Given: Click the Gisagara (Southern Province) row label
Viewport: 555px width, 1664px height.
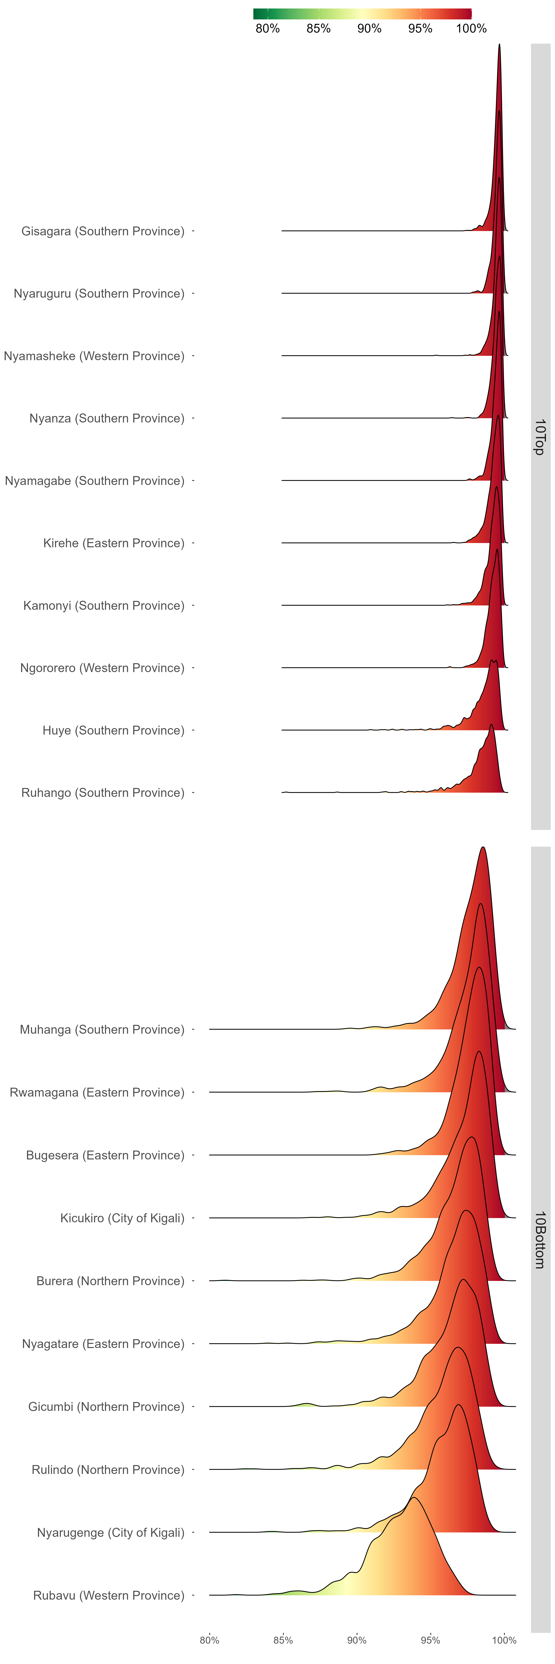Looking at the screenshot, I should (103, 231).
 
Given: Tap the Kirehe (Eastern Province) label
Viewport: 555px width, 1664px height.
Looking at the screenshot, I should (114, 543).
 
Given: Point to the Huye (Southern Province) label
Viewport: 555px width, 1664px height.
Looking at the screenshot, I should (114, 730).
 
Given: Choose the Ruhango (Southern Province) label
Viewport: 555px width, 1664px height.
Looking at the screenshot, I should (103, 793).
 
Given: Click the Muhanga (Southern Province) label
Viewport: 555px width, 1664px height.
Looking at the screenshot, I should (102, 1030).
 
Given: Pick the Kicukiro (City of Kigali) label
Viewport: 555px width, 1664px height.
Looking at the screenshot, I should (122, 1218).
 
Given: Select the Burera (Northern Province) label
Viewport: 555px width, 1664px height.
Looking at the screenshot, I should (110, 1281).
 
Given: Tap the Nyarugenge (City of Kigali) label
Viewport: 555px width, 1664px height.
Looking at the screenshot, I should (110, 1533).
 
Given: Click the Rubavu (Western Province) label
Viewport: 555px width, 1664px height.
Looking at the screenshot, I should (109, 1596).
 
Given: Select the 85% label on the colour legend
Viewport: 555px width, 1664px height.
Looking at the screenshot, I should (319, 28).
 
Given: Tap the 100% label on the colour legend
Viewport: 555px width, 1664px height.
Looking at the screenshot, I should (471, 28).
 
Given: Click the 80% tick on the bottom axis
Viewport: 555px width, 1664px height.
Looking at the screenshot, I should (209, 1640).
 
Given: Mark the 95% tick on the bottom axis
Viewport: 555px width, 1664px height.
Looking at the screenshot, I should (430, 1640).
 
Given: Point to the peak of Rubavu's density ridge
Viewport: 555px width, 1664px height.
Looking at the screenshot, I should (413, 1497).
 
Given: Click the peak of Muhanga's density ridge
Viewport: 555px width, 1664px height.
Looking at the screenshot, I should (483, 848).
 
